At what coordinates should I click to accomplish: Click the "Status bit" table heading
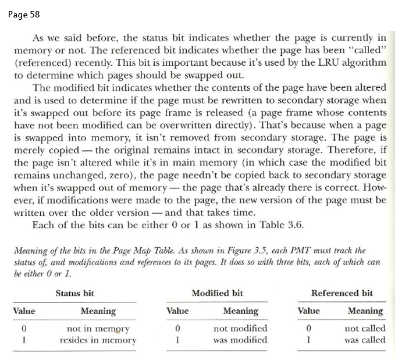(x=74, y=293)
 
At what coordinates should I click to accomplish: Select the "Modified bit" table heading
(x=217, y=293)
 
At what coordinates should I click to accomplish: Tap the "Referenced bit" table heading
(x=342, y=293)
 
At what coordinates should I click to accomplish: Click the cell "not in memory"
(x=98, y=329)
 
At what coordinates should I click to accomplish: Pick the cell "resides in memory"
(x=98, y=340)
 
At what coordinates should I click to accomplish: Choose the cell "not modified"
(x=240, y=329)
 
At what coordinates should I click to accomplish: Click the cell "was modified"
(x=240, y=340)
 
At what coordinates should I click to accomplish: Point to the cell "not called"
(x=365, y=329)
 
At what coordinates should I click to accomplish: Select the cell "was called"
(x=365, y=340)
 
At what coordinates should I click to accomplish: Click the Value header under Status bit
(x=24, y=311)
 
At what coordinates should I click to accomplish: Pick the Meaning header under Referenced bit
(x=365, y=311)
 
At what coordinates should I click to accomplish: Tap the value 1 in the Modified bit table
(x=177, y=340)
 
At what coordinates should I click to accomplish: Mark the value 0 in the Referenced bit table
(x=308, y=329)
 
